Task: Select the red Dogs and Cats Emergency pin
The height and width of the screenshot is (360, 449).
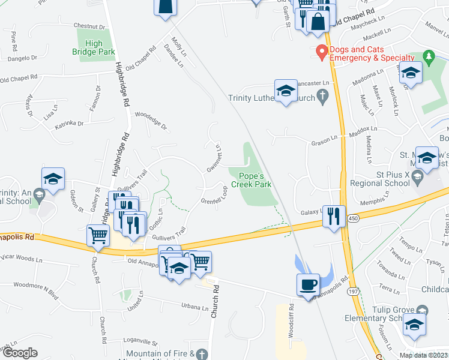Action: [322, 53]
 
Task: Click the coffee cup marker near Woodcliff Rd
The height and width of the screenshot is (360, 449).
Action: [309, 284]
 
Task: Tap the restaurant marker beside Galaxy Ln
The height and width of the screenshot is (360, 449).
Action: [334, 215]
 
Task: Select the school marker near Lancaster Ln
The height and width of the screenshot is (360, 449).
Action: [286, 91]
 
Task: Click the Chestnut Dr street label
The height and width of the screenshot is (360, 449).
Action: [89, 26]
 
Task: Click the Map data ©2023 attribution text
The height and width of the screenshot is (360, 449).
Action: [423, 355]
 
